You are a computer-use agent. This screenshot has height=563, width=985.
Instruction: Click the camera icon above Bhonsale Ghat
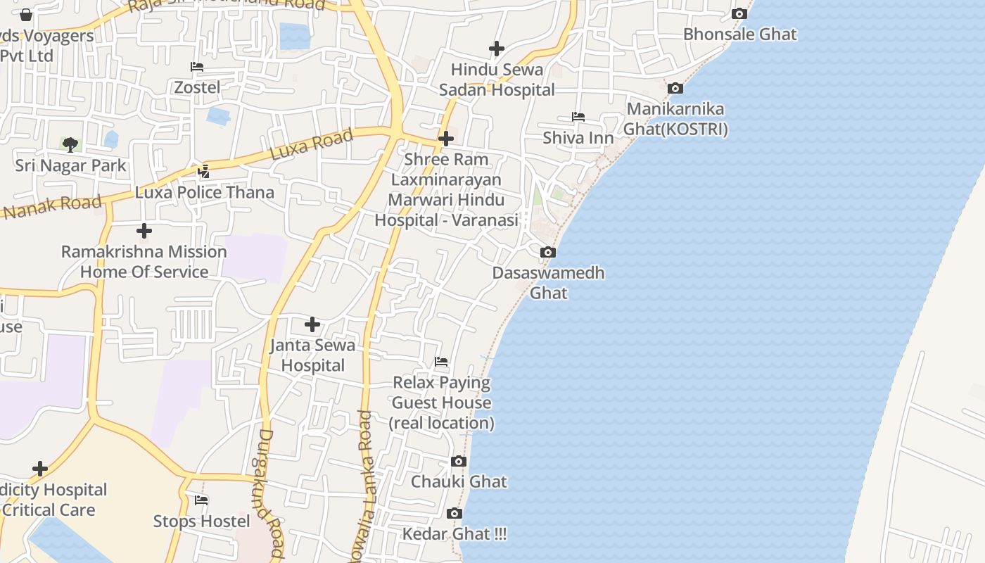739,13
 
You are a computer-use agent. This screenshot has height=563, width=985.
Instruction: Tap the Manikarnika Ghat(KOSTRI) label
675,119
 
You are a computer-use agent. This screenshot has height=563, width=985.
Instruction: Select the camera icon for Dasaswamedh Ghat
547,252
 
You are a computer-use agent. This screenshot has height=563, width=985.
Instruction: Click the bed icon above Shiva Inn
578,117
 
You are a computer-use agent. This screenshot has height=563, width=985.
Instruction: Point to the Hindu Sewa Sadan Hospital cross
497,49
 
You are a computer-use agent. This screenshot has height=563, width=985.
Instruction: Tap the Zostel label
197,87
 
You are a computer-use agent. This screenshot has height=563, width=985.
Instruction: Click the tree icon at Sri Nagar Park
70,145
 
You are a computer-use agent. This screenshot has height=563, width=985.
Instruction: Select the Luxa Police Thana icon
204,171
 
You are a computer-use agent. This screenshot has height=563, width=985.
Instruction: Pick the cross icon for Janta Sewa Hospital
312,324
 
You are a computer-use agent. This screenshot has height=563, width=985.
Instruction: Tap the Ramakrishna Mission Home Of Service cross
144,231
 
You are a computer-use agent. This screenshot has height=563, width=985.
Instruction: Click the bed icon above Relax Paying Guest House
441,362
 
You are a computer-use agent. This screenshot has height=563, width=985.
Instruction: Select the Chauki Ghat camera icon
459,462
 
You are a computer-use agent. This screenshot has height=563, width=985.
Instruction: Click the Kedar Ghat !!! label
454,533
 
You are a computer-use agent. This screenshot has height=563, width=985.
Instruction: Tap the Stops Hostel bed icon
201,500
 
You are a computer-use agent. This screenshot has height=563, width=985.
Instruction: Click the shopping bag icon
26,15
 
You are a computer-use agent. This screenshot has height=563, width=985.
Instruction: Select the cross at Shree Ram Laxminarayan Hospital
445,139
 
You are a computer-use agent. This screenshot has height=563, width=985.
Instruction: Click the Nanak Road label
53,207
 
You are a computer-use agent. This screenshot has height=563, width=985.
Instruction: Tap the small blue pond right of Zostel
218,115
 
